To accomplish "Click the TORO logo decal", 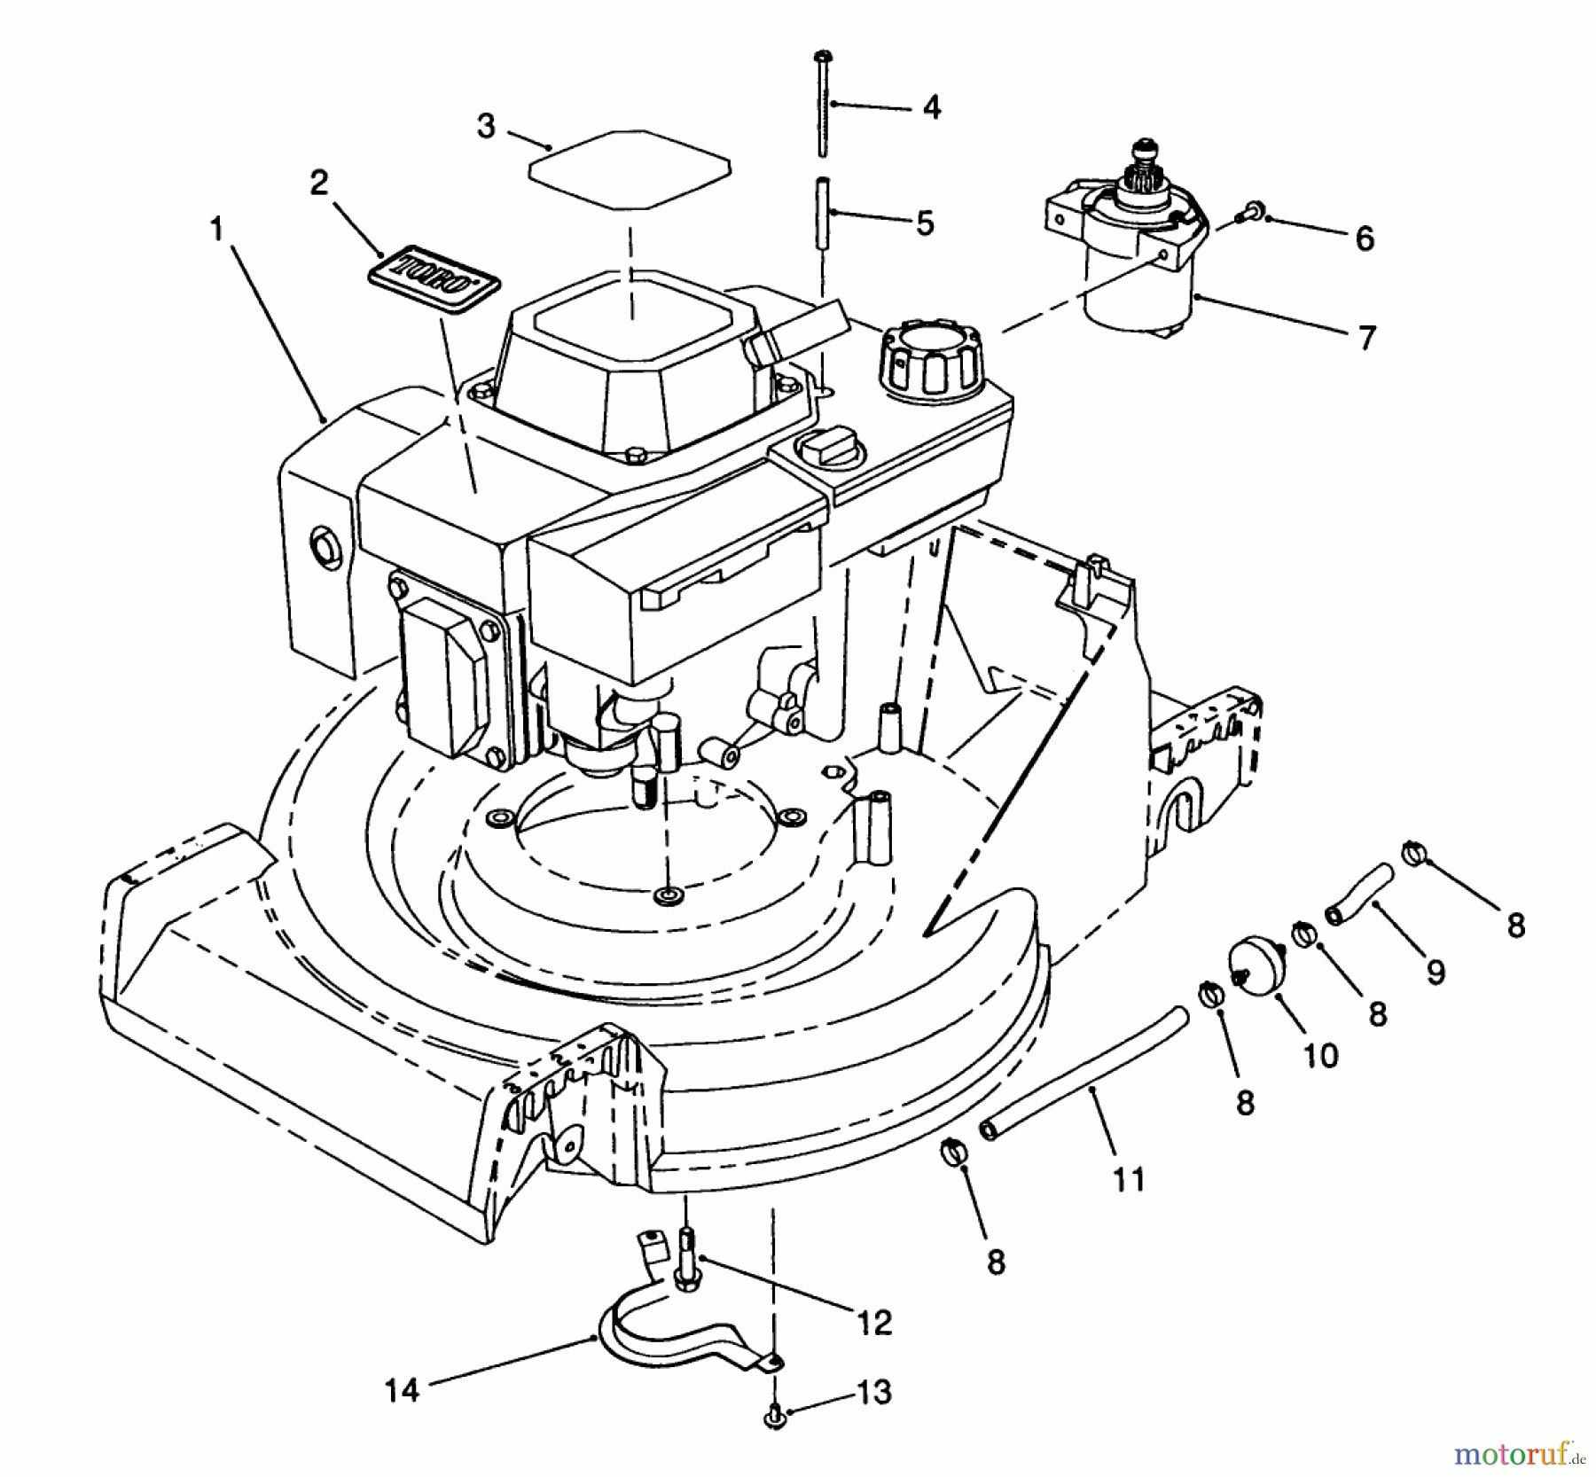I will (434, 280).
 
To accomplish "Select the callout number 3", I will (485, 127).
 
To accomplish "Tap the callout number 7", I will (1366, 338).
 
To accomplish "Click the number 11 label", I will (1130, 1180).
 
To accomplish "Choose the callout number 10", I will (1320, 1055).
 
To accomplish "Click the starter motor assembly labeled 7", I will (1126, 257).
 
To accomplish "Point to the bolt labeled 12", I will (687, 1254).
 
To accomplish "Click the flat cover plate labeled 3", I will (630, 170).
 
